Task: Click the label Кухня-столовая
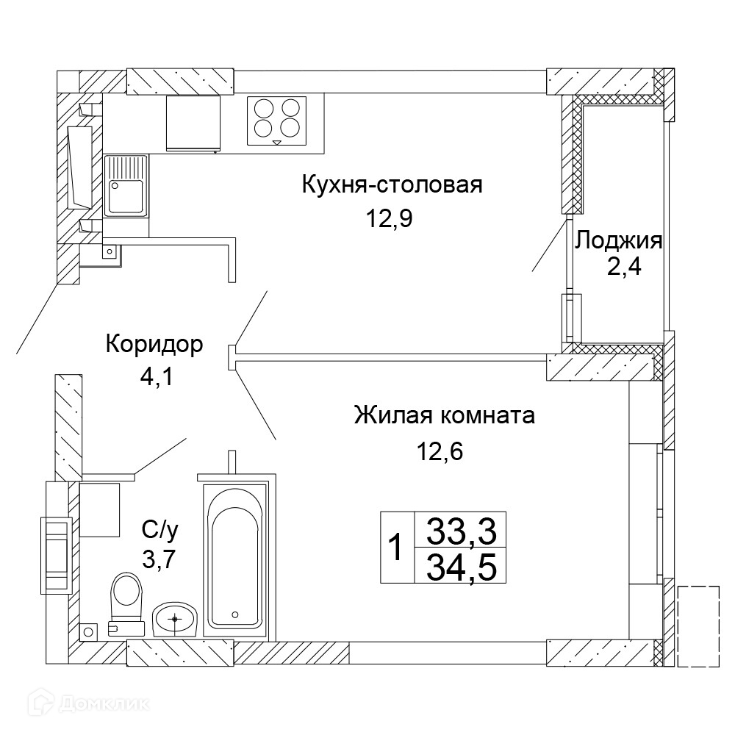[392, 184]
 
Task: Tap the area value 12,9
[389, 218]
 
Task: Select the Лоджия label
[619, 241]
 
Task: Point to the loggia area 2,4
[624, 268]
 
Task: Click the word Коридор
[154, 345]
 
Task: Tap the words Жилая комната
[445, 415]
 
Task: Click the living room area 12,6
[440, 451]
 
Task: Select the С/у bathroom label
[159, 530]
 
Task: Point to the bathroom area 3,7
[159, 559]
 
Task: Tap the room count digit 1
[397, 547]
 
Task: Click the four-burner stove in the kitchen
[276, 121]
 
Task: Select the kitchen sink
[126, 186]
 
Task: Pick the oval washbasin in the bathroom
[175, 619]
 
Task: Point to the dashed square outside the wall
[698, 625]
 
